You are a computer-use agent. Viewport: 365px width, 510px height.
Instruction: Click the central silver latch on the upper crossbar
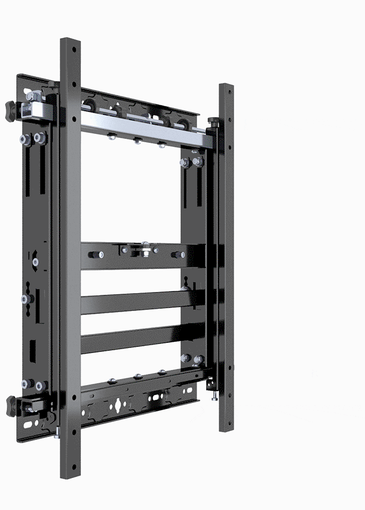click(x=145, y=249)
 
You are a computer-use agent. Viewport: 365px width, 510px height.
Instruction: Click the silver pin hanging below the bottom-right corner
click(x=215, y=395)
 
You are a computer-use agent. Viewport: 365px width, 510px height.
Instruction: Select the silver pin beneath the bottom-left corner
click(x=58, y=433)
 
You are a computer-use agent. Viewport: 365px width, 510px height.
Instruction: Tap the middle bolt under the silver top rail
click(x=138, y=141)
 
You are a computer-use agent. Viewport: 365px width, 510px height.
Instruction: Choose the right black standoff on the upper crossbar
click(x=179, y=255)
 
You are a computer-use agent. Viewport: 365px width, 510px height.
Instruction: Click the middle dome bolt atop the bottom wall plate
click(x=138, y=376)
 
